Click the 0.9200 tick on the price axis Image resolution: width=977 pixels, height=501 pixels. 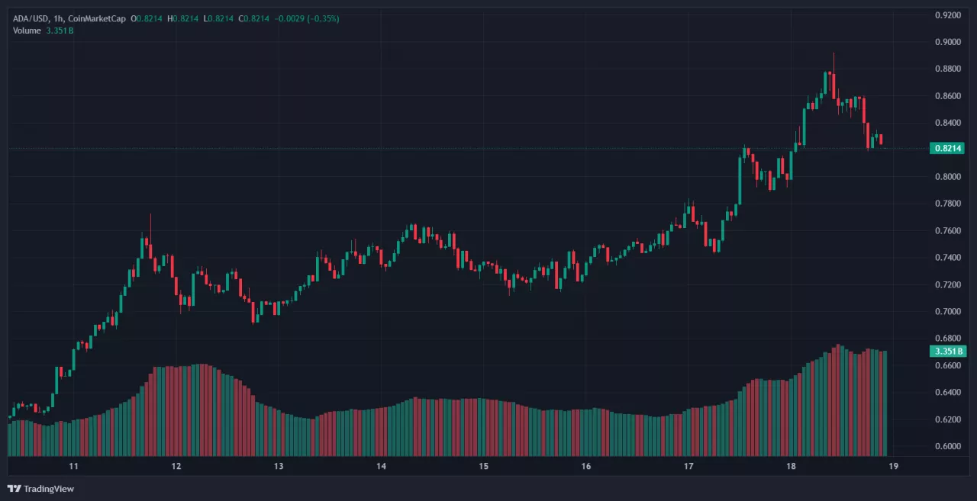click(948, 14)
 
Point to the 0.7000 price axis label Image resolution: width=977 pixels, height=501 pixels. click(948, 311)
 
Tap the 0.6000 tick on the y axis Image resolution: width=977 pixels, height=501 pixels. click(948, 446)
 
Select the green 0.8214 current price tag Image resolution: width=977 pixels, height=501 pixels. click(946, 148)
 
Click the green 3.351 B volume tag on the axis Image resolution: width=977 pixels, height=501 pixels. click(946, 352)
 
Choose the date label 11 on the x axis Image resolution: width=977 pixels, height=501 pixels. click(73, 466)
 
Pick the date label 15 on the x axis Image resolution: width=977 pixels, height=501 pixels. click(483, 466)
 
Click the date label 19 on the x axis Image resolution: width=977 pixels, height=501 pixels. click(892, 466)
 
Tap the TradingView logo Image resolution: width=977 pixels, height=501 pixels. click(41, 489)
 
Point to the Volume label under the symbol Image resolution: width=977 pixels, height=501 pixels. click(27, 31)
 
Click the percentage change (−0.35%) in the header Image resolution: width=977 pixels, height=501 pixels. click(323, 18)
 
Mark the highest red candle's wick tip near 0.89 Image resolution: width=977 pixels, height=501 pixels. click(834, 53)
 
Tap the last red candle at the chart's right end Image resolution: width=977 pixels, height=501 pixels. click(881, 139)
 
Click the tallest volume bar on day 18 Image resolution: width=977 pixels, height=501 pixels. click(838, 400)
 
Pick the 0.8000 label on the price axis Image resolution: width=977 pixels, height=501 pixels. click(948, 176)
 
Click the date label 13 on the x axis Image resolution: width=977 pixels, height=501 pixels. click(279, 466)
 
